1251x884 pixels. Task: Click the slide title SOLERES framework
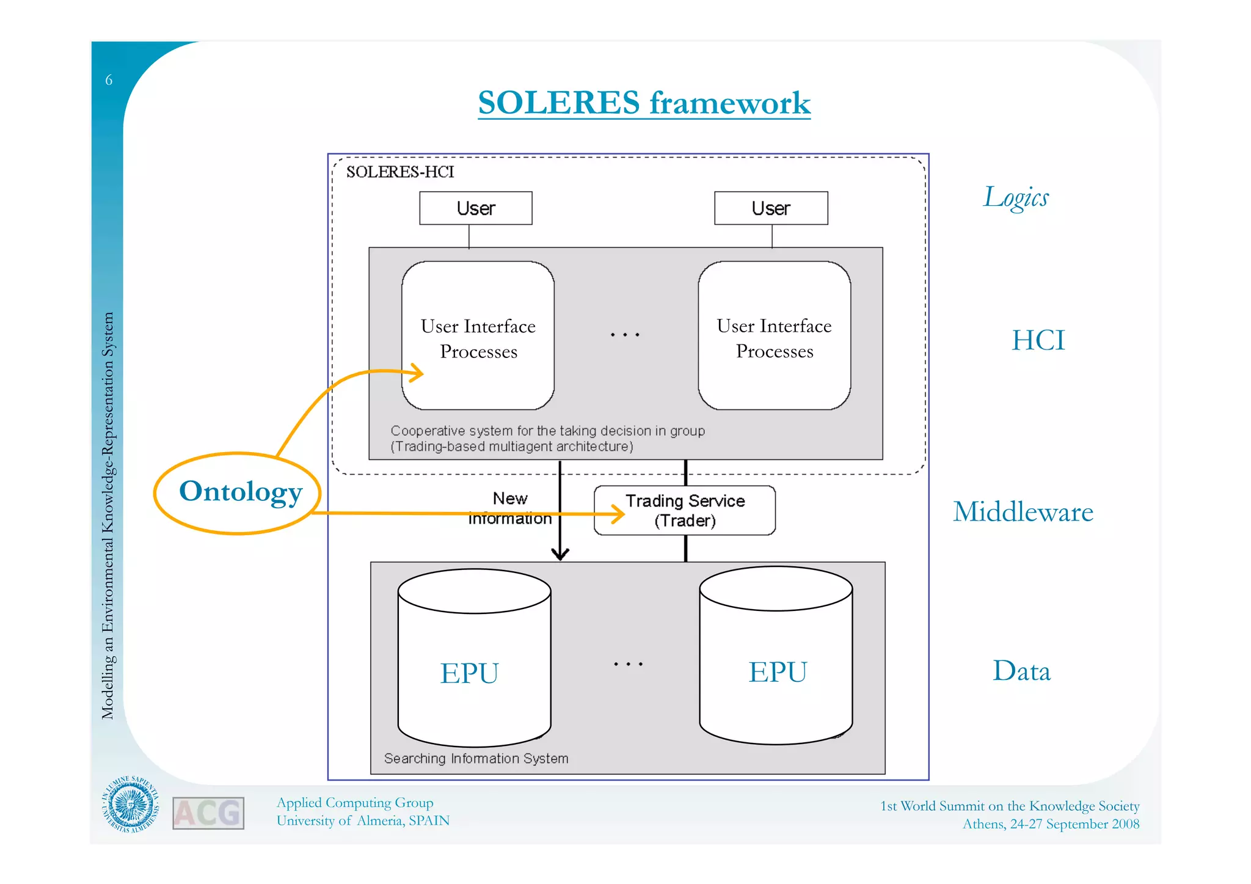[644, 103]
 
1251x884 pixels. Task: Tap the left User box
[475, 208]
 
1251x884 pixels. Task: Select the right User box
[771, 208]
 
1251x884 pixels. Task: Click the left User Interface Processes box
[478, 336]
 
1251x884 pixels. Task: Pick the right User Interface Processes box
[774, 336]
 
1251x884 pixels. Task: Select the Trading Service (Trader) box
[685, 511]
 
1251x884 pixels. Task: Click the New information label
[510, 508]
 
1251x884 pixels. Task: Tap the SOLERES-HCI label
[400, 172]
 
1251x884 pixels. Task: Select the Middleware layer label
[1023, 512]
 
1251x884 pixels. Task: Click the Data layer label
[1021, 671]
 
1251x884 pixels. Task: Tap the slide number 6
[109, 80]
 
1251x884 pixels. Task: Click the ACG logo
[208, 813]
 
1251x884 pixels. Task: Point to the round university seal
[130, 805]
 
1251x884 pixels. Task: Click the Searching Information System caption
[476, 759]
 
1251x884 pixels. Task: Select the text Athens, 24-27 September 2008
[1051, 824]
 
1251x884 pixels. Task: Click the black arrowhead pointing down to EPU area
[560, 553]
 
